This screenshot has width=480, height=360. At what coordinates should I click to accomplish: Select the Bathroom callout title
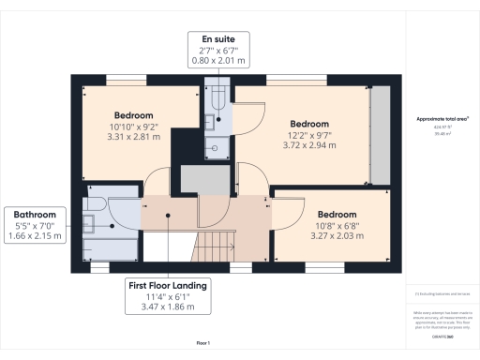(x=34, y=214)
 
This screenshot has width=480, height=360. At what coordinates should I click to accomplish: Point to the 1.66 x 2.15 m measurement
(x=34, y=236)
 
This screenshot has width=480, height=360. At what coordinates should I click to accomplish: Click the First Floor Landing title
(x=170, y=285)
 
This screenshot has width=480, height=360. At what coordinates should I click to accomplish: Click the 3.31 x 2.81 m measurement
(x=134, y=135)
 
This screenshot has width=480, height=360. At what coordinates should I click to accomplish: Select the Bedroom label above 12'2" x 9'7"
(x=309, y=124)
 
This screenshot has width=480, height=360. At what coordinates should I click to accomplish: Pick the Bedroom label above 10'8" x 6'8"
(x=336, y=214)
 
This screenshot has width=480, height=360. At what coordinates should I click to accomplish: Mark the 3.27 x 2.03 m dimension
(x=336, y=236)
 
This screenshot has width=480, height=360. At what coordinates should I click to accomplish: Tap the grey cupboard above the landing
(x=198, y=179)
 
